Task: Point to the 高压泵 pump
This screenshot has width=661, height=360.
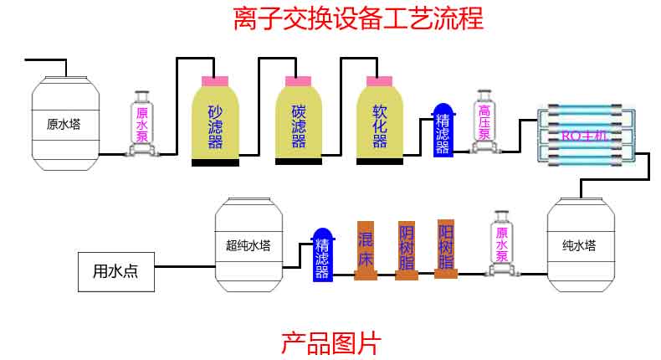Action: click(x=484, y=122)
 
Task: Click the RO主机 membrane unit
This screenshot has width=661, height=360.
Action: click(x=583, y=136)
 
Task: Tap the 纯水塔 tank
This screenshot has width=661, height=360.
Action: click(x=579, y=245)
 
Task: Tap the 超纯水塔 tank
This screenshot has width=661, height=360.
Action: click(x=249, y=245)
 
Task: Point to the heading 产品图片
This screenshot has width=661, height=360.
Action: click(x=330, y=342)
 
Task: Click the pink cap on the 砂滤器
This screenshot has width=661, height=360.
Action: click(x=215, y=81)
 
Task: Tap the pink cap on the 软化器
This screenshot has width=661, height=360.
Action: click(x=380, y=81)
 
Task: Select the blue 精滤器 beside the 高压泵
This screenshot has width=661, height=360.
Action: click(x=442, y=132)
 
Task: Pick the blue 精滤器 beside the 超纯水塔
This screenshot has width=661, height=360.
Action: click(x=322, y=256)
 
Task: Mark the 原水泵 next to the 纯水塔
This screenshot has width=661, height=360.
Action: click(x=502, y=243)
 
